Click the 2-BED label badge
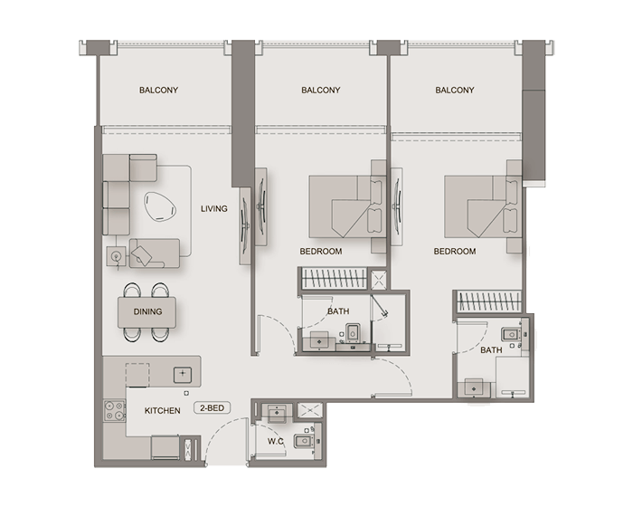[212, 408]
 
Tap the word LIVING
[214, 208]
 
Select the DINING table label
[147, 311]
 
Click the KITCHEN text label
[162, 411]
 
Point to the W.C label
[275, 442]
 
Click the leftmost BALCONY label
[158, 91]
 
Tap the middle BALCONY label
[321, 91]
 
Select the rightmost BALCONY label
[455, 91]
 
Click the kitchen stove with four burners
[115, 411]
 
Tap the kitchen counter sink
[183, 375]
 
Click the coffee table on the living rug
[161, 206]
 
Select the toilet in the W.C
[305, 441]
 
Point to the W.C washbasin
[277, 413]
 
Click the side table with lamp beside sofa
[117, 256]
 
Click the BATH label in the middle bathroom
[338, 311]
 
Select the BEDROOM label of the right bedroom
[455, 252]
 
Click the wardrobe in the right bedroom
[488, 301]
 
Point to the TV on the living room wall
[245, 225]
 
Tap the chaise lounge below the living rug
[155, 253]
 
